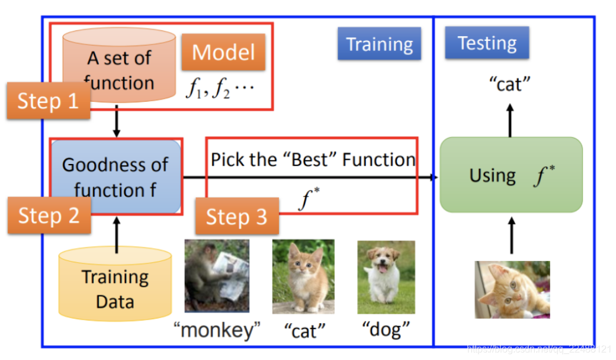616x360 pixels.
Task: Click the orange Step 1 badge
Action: pos(48,101)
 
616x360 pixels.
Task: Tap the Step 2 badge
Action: pos(49,215)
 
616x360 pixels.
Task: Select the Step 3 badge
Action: pos(236,217)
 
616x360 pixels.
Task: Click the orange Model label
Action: pos(223,52)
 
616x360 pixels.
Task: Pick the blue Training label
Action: pos(379,44)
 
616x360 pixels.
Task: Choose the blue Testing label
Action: pos(487,43)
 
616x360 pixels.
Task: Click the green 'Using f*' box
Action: pos(511,175)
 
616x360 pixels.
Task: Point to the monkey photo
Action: pos(216,275)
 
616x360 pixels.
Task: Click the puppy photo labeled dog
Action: pos(386,277)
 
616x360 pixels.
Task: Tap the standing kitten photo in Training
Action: pos(303,277)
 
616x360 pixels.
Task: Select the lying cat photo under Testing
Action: pos(512,290)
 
